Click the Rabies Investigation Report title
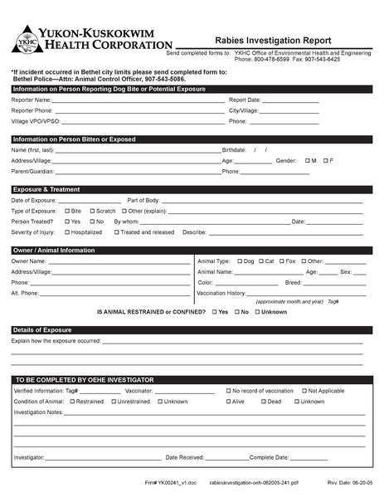pyautogui.click(x=272, y=40)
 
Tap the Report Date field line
pyautogui.click(x=291, y=100)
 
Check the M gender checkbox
pyautogui.click(x=307, y=160)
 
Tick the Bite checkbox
pyautogui.click(x=67, y=211)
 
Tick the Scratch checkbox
pyautogui.click(x=92, y=211)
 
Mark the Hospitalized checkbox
pyautogui.click(x=67, y=232)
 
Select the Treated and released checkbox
pyautogui.click(x=116, y=232)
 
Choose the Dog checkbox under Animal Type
pyautogui.click(x=240, y=261)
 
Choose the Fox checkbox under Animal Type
pyautogui.click(x=281, y=261)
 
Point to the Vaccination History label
pyautogui.click(x=221, y=293)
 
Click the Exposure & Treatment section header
pyautogui.click(x=46, y=189)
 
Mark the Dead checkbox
pyautogui.click(x=263, y=401)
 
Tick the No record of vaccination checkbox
pyautogui.click(x=226, y=390)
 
